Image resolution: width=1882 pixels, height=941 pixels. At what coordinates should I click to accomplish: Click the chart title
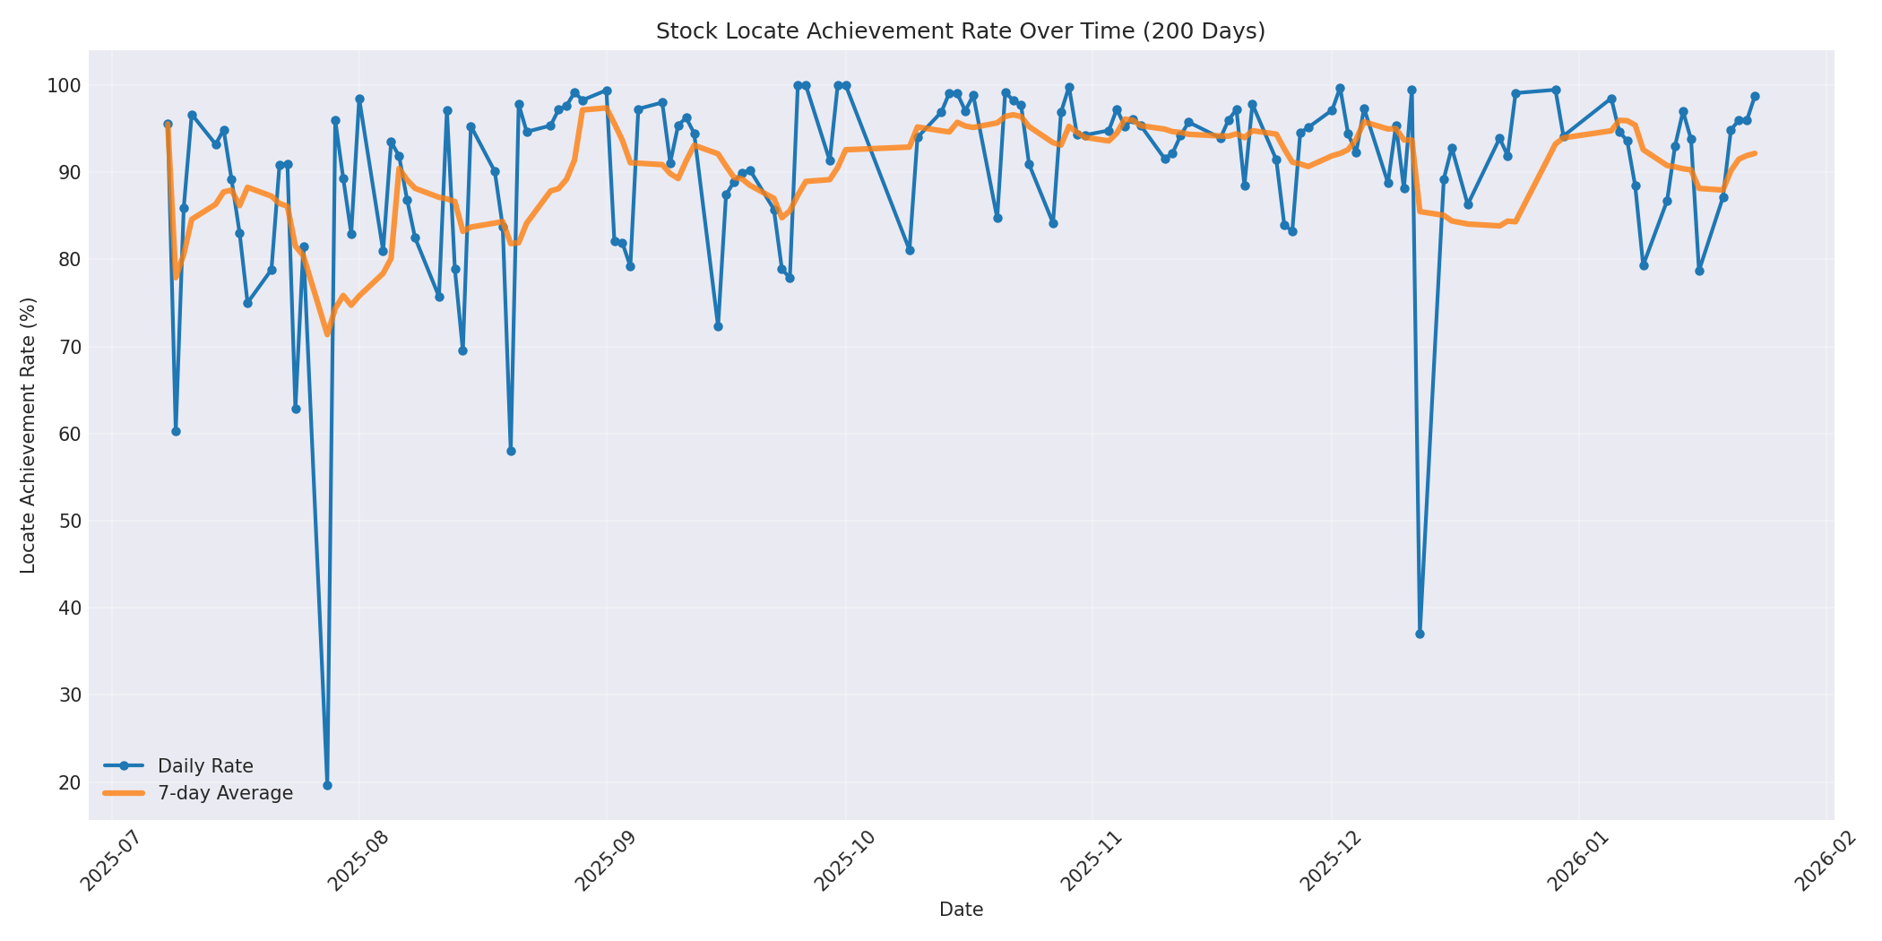[x=960, y=31]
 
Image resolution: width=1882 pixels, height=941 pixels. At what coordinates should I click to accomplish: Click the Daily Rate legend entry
[x=205, y=766]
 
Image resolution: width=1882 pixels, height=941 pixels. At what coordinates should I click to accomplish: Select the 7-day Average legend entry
[x=225, y=793]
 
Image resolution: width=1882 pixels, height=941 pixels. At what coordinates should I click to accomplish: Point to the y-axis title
[x=28, y=435]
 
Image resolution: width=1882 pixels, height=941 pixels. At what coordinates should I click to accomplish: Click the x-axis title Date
[x=961, y=910]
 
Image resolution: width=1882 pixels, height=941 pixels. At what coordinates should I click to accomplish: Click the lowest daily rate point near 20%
[x=327, y=785]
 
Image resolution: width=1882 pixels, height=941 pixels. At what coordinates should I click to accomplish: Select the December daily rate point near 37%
[x=1420, y=634]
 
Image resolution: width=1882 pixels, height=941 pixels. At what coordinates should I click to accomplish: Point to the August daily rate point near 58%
[x=511, y=451]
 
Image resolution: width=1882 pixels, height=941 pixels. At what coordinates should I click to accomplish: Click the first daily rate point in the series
[x=168, y=125]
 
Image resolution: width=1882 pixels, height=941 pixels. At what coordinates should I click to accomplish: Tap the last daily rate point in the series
[x=1755, y=96]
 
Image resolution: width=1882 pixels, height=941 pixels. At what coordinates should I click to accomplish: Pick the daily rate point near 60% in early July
[x=176, y=431]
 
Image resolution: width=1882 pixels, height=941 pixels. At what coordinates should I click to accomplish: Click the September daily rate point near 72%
[x=718, y=326]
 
